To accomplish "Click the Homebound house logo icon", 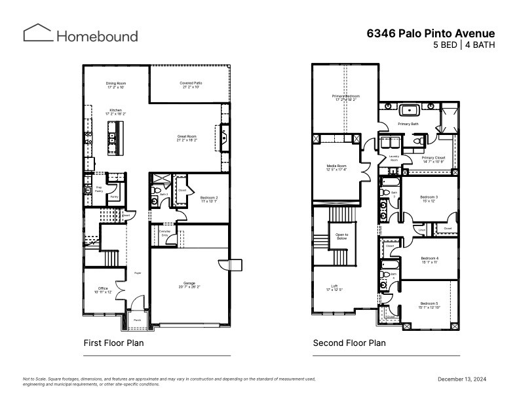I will pos(38,33).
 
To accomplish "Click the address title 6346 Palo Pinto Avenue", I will pos(431,33).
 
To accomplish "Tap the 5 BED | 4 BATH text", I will pos(464,45).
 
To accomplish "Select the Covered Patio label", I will pos(190,85).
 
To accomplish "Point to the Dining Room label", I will pos(115,85).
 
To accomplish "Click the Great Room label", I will pos(187,138).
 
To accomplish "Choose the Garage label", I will pos(189,285).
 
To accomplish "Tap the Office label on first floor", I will pos(102,289).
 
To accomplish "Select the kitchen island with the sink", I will pos(115,138).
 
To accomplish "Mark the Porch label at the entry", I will pos(138,320).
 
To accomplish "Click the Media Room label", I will pos(336,167).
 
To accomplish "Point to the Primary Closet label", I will pos(433,159).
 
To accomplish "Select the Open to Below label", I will pos(341,237).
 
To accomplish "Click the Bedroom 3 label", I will pos(429,198).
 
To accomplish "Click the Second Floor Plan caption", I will pos(349,343).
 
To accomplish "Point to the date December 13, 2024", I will pos(461,379).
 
